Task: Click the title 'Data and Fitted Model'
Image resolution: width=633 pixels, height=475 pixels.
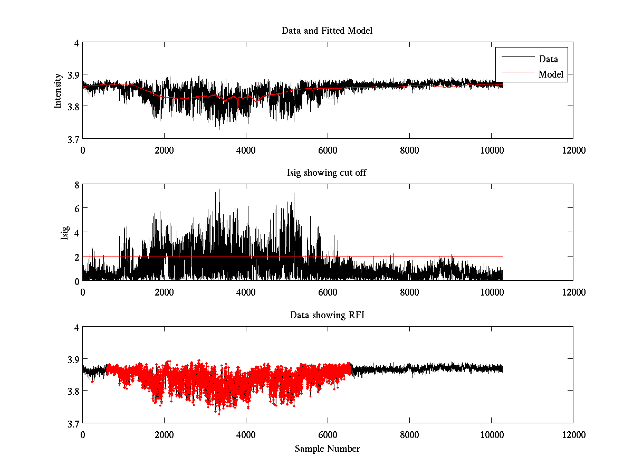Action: pyautogui.click(x=327, y=31)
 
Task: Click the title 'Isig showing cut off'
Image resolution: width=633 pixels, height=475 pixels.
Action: pyautogui.click(x=327, y=173)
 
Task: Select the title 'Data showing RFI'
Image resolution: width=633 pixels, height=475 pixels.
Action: pyautogui.click(x=327, y=315)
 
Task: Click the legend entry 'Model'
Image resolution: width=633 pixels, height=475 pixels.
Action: pyautogui.click(x=551, y=74)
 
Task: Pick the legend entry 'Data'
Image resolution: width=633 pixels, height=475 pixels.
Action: pyautogui.click(x=548, y=59)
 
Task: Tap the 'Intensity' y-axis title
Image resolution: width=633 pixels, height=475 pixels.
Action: pyautogui.click(x=58, y=91)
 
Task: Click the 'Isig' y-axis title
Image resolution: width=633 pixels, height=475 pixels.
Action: pyautogui.click(x=65, y=232)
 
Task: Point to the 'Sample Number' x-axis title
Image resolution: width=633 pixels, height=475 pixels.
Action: pyautogui.click(x=327, y=449)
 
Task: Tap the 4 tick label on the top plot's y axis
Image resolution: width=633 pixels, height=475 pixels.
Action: pyautogui.click(x=76, y=43)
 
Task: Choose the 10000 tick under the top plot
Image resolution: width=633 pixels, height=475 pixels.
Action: pyautogui.click(x=491, y=150)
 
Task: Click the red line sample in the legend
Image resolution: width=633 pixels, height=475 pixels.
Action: pyautogui.click(x=517, y=74)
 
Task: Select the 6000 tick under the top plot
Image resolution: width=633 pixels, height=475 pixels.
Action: pyautogui.click(x=328, y=150)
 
